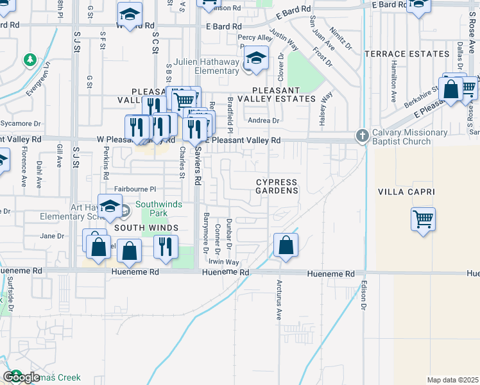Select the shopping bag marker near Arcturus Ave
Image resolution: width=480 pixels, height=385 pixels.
(286, 245)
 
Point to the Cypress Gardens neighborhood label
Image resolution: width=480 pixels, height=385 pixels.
(277, 186)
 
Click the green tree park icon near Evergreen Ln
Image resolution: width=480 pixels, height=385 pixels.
(30, 60)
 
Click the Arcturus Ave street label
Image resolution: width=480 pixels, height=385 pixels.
(279, 299)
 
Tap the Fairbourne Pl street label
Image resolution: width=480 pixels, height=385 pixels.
(135, 189)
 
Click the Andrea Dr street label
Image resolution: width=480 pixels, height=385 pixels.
(264, 120)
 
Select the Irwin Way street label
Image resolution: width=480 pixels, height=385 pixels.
(223, 262)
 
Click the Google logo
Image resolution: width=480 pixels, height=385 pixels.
(21, 377)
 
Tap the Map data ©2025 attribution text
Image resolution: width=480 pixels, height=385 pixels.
(452, 380)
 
